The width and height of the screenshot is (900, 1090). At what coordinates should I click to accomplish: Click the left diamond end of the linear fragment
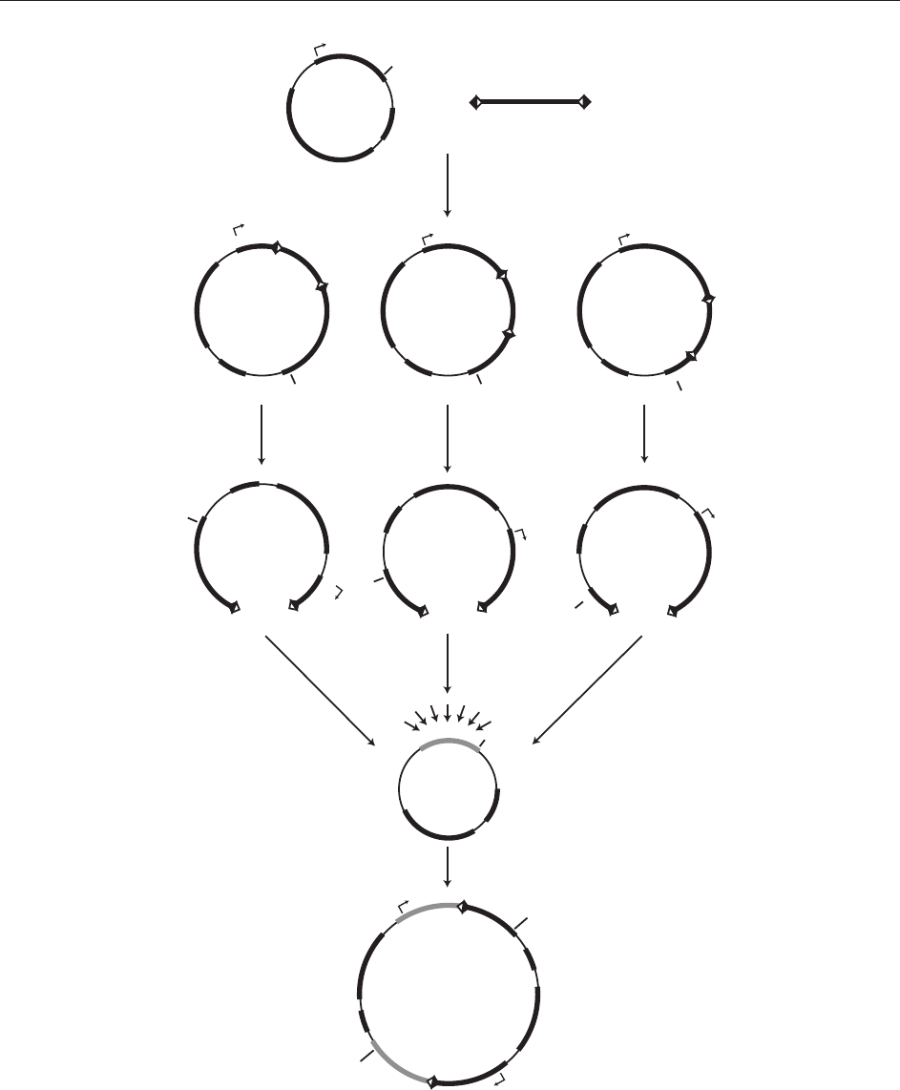(475, 102)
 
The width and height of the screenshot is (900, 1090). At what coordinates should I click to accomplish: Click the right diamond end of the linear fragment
(585, 101)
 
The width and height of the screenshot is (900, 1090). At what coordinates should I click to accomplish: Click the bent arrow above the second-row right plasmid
(623, 235)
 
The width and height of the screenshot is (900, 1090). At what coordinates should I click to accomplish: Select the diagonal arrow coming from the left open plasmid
(319, 690)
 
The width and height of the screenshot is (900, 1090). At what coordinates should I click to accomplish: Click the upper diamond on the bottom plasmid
(462, 907)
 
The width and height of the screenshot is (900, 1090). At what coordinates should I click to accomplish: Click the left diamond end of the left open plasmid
(235, 607)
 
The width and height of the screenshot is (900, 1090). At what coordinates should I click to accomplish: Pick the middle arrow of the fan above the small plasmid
(447, 713)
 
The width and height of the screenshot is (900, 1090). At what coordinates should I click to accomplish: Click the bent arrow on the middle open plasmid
(520, 533)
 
